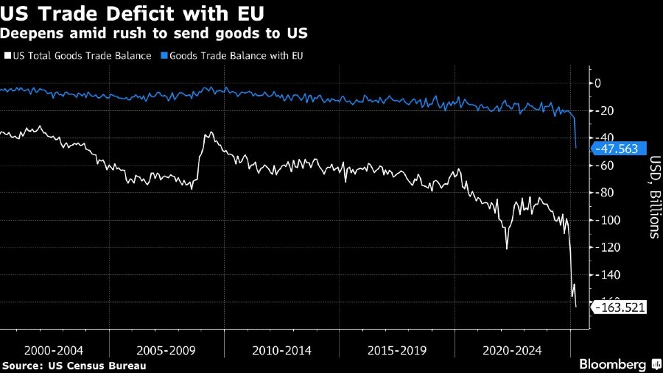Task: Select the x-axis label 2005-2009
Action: pyautogui.click(x=166, y=350)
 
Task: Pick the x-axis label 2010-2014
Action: pyautogui.click(x=281, y=350)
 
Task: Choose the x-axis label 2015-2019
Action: pyautogui.click(x=396, y=350)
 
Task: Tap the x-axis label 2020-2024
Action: pyautogui.click(x=511, y=350)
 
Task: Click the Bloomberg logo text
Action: pyautogui.click(x=613, y=364)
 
